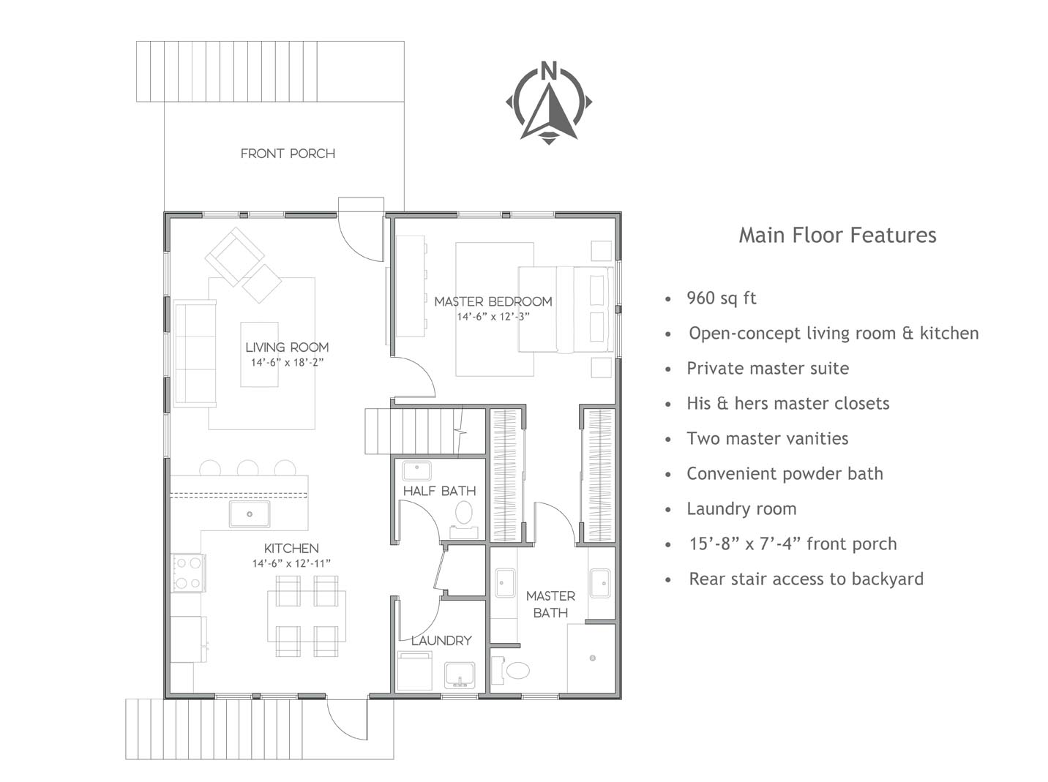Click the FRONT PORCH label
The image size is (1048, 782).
[288, 154]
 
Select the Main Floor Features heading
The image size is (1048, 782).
[837, 236]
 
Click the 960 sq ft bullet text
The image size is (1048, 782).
[722, 298]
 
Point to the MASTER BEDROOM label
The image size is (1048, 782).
[493, 301]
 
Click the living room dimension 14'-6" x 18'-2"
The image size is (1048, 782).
[288, 362]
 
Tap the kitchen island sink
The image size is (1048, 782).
[250, 514]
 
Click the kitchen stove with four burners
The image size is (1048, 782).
[189, 573]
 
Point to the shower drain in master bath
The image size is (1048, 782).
[593, 658]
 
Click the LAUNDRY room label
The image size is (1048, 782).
[441, 641]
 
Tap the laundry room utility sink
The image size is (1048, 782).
[460, 675]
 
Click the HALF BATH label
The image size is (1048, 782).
[439, 491]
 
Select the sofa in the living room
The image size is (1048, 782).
[195, 353]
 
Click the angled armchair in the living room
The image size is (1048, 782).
[234, 257]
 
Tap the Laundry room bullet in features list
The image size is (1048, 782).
[741, 509]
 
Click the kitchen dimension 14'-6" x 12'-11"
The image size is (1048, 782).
[291, 563]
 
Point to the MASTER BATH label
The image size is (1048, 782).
[550, 604]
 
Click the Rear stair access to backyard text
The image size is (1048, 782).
[806, 579]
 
